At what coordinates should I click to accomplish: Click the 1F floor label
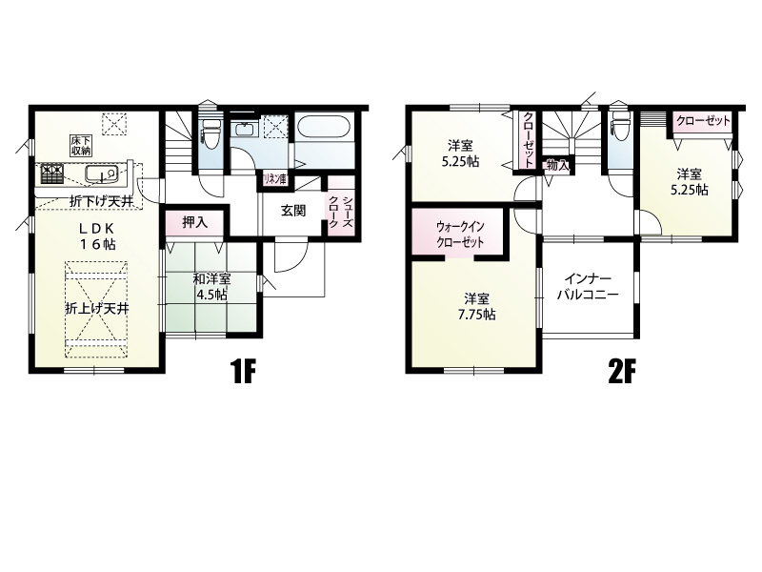coord(243,372)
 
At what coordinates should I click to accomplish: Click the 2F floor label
coord(622,372)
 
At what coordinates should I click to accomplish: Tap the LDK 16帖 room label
coord(97,235)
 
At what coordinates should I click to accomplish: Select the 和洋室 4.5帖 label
coord(211,287)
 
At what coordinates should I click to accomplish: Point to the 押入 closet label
coord(195,223)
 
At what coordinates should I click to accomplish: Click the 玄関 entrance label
coord(293,211)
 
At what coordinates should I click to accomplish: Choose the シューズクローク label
coord(341,212)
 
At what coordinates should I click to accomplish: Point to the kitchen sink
coord(102,174)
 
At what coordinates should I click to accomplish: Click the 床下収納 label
coord(81,146)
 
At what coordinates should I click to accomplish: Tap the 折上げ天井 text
coord(97,308)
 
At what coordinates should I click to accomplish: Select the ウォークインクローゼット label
coord(460,235)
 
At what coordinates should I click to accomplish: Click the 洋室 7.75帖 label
coord(476,306)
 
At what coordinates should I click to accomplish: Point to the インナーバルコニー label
coord(588,287)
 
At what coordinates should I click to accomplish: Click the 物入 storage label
coord(557,165)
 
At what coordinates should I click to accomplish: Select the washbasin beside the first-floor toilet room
coord(245,130)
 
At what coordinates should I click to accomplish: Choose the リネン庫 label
coord(274,179)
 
